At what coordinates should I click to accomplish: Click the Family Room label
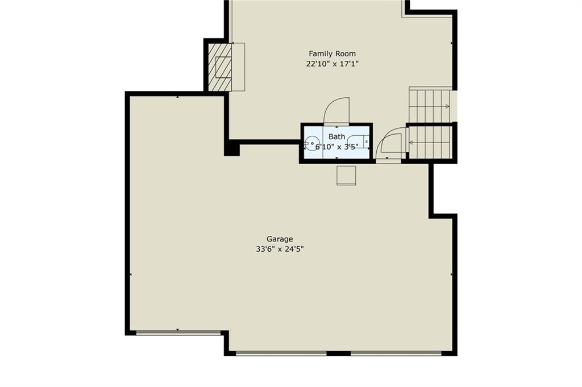coord(332,54)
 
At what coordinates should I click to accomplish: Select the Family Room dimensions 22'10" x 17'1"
coord(332,64)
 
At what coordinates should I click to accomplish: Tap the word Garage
coord(280,239)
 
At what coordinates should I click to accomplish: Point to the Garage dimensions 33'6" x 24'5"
coord(280,249)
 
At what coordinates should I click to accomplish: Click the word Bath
coord(336,137)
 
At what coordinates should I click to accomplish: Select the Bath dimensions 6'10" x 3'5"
coord(336,147)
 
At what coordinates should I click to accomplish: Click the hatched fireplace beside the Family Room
coord(220,67)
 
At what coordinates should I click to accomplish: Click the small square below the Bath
coord(346,175)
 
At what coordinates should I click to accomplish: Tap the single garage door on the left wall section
coord(178,333)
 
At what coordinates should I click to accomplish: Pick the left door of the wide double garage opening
coord(281,353)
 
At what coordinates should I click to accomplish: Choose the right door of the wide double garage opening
coord(396,353)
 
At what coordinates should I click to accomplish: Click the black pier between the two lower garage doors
coord(339,353)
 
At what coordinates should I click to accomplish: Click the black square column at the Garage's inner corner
coord(232,148)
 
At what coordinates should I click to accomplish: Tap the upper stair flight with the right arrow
coord(430,105)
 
